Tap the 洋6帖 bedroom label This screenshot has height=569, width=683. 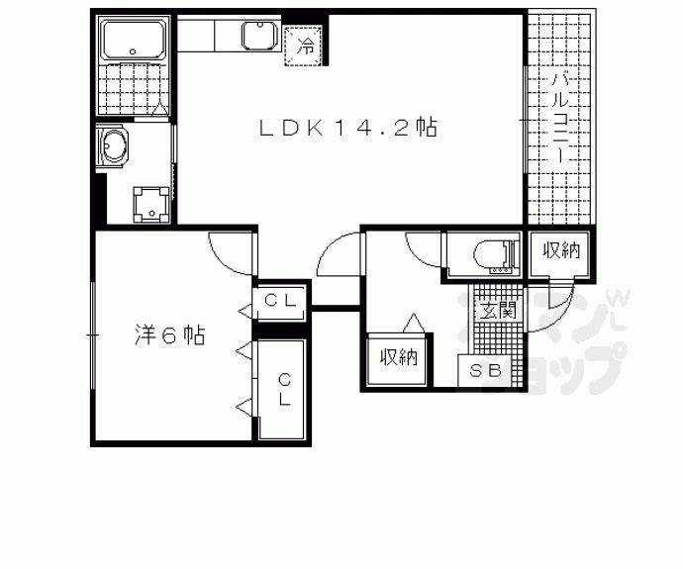tap(169, 335)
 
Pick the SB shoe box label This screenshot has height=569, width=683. tap(485, 372)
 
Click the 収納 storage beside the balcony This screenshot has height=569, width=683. tap(560, 251)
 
